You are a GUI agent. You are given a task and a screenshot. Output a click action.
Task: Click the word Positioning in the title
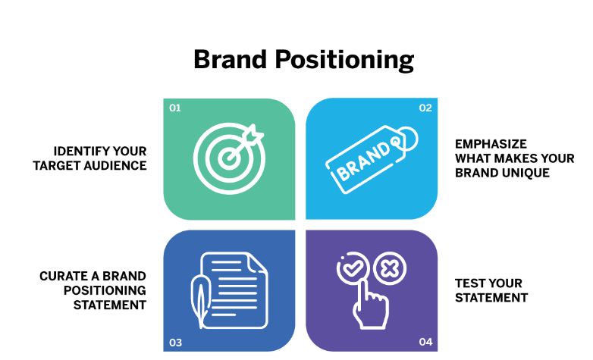pos(344,60)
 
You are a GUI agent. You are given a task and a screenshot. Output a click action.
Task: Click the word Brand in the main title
pos(231,59)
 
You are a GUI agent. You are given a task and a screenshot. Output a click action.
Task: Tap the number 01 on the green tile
pos(174,108)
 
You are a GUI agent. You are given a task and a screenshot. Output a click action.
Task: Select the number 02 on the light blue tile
pos(425,108)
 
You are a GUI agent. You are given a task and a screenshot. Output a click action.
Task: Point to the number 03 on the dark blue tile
pos(175,343)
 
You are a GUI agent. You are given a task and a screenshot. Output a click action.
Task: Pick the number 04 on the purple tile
pos(425,342)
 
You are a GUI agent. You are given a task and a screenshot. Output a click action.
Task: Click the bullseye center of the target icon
pos(228,158)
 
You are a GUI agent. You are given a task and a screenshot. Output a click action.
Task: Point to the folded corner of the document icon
pos(257,262)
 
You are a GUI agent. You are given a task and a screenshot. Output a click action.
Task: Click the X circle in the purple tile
pos(390,269)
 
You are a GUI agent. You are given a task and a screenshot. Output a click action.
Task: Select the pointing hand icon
pos(371,306)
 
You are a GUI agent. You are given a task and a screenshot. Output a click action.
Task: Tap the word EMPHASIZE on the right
pos(491,144)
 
